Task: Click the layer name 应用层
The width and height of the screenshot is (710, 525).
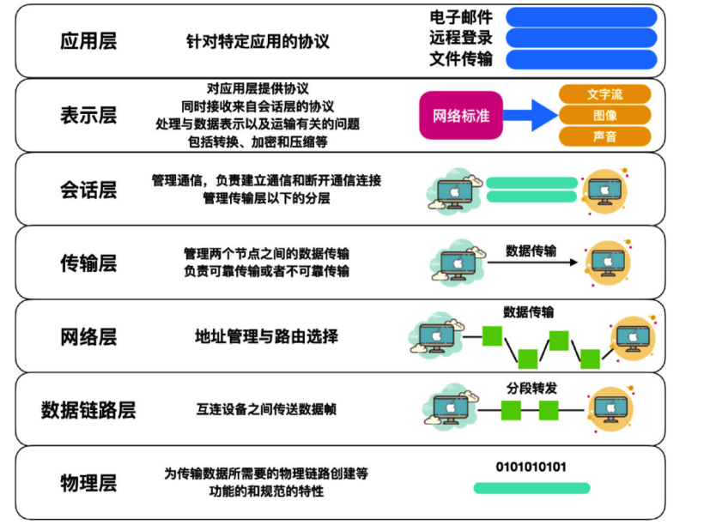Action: [x=88, y=41]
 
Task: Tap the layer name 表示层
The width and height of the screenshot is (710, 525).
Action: [x=88, y=116]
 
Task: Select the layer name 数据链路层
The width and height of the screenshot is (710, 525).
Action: [x=88, y=409]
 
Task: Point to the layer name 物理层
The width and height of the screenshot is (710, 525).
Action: [x=88, y=482]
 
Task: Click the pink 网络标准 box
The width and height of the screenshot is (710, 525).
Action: [x=460, y=115]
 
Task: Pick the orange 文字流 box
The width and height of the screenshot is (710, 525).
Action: [x=604, y=94]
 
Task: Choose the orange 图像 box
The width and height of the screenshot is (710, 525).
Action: [x=604, y=115]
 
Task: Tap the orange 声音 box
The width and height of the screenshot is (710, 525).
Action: [x=604, y=136]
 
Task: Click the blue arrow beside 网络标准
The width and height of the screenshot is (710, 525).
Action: [x=529, y=115]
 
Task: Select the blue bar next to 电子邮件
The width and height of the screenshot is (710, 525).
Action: [x=581, y=17]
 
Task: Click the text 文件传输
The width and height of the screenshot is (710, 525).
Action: [x=461, y=59]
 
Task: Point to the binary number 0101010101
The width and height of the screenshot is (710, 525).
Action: [x=531, y=467]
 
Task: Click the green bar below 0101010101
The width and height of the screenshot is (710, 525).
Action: [x=531, y=488]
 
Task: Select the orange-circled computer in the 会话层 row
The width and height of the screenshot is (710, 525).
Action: [x=609, y=190]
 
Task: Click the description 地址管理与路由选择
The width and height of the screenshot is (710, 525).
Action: [x=266, y=336]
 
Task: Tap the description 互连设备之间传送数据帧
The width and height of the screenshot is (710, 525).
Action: [x=266, y=409]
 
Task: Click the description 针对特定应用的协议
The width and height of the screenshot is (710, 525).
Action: [x=258, y=41]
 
